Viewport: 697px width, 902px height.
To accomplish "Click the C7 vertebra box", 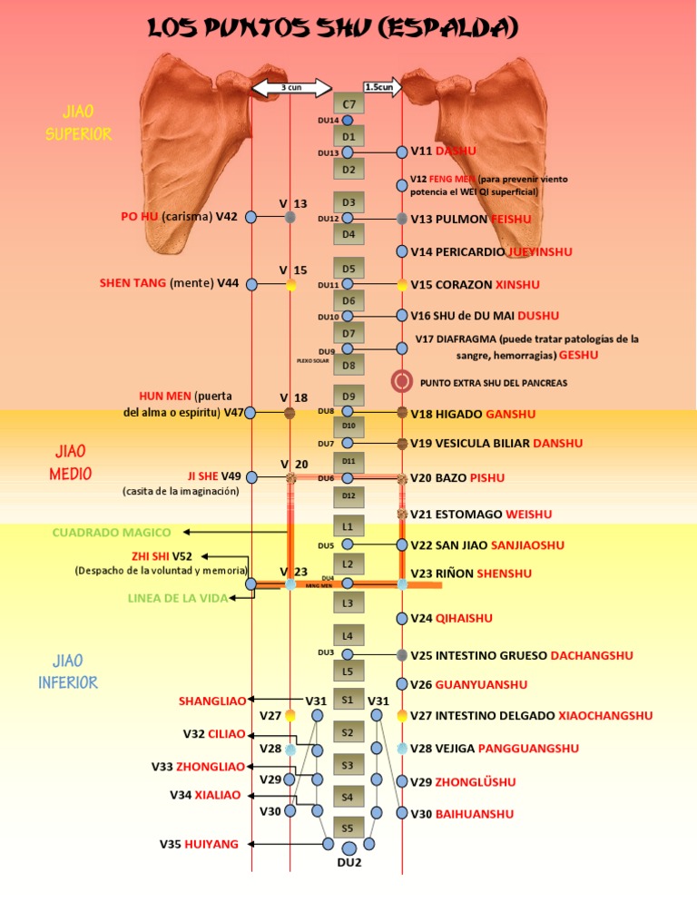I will (x=348, y=104).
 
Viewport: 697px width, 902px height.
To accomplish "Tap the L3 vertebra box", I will (x=348, y=603).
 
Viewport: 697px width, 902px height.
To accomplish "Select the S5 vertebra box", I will (x=348, y=828).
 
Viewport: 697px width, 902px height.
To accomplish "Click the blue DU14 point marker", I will (x=348, y=120).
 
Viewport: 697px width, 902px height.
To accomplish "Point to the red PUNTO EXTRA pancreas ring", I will (x=402, y=382).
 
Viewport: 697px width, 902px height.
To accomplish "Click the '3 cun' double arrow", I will (x=290, y=87).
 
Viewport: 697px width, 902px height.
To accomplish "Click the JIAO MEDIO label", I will (x=72, y=462).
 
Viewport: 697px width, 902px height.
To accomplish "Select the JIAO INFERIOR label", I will (x=68, y=671).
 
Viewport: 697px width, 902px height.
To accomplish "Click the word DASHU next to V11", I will (x=456, y=151).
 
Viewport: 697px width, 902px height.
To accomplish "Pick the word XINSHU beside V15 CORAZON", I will (x=517, y=285).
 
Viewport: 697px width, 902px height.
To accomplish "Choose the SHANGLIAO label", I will (x=212, y=701).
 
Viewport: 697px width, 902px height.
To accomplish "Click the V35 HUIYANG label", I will (x=200, y=844).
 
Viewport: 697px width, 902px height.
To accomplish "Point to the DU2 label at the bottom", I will (x=349, y=862).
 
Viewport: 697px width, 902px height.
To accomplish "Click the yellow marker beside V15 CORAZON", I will (x=402, y=285).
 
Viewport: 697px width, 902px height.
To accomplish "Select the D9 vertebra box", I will (x=348, y=397).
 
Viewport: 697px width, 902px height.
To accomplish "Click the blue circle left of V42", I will (x=251, y=218).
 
